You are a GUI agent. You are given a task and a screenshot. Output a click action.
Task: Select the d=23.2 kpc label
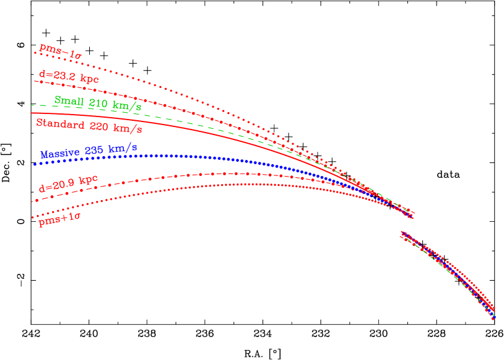[69, 77]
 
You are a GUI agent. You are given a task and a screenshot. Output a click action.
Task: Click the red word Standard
[59, 124]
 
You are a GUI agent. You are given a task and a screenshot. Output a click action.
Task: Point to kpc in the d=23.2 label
[87, 79]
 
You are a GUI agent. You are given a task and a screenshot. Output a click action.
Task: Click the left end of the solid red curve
[32, 113]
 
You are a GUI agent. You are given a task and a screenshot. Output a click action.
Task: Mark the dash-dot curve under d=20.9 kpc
[186, 175]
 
